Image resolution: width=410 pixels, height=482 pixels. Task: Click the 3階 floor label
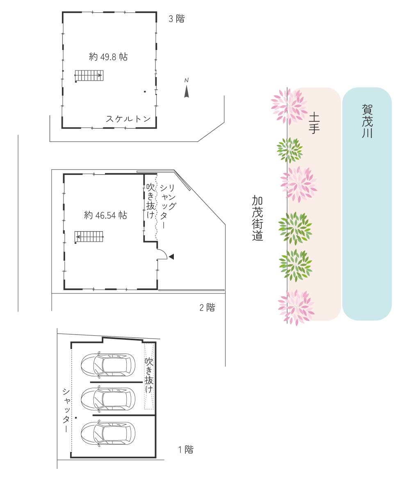tap(177, 19)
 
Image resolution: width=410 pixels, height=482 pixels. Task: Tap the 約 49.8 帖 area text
tap(108, 57)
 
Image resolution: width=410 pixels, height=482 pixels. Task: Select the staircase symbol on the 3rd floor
tap(89, 75)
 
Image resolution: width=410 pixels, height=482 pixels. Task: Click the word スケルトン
tap(128, 119)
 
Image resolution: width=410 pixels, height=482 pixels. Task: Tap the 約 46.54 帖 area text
tap(105, 215)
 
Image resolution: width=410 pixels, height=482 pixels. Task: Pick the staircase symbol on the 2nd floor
tap(89, 237)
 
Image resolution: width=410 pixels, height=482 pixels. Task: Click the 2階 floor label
tap(207, 307)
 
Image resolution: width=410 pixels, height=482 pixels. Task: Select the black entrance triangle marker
tap(171, 257)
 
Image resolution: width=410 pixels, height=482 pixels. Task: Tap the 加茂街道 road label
tap(257, 218)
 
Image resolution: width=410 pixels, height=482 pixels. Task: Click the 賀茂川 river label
tap(367, 121)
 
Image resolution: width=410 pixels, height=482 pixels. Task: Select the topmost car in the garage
tap(108, 365)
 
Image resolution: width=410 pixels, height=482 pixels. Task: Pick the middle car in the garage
tap(108, 399)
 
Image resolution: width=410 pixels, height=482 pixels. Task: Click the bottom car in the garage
tap(108, 433)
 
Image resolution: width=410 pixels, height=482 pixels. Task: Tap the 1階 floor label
tap(186, 450)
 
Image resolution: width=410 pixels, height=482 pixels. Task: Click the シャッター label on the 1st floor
tap(66, 410)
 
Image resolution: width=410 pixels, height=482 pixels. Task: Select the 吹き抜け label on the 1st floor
tap(149, 375)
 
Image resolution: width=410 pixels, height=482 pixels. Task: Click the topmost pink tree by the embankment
tap(289, 107)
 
